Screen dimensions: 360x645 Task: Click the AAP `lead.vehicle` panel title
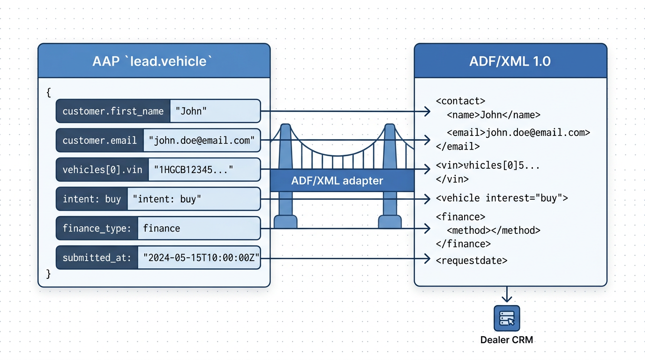(153, 61)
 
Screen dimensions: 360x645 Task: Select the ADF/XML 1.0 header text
(510, 61)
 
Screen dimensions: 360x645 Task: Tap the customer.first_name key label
(113, 111)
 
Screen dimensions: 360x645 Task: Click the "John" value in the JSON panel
(191, 111)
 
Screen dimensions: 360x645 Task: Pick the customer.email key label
(99, 140)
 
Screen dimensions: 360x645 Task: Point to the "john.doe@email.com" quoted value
(202, 140)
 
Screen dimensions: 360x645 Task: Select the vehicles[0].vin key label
(102, 170)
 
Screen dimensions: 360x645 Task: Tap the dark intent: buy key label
(92, 199)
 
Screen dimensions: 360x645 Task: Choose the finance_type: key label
(97, 228)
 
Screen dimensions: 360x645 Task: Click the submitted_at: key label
(97, 257)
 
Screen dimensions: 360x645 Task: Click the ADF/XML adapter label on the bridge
(337, 181)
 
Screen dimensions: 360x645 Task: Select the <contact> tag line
(460, 101)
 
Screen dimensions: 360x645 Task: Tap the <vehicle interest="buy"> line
(502, 198)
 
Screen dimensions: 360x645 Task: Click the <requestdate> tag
(471, 261)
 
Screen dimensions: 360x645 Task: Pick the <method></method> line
(493, 231)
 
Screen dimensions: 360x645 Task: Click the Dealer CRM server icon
(507, 318)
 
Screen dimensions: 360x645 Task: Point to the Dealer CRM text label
(507, 340)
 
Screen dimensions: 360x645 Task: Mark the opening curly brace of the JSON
(49, 92)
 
